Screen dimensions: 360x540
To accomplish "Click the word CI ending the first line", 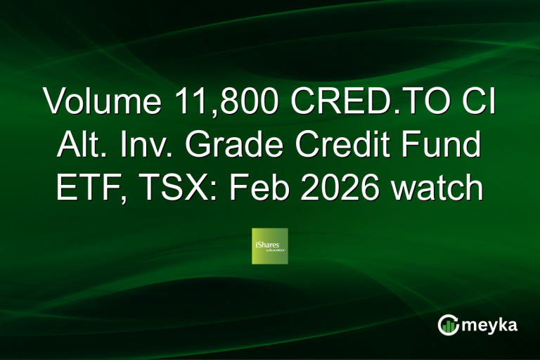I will point(482,102).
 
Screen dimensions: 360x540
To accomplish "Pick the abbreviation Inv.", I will point(140,146).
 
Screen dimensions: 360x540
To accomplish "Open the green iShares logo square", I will point(270,246).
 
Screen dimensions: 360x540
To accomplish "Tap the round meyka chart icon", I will point(447,325).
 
